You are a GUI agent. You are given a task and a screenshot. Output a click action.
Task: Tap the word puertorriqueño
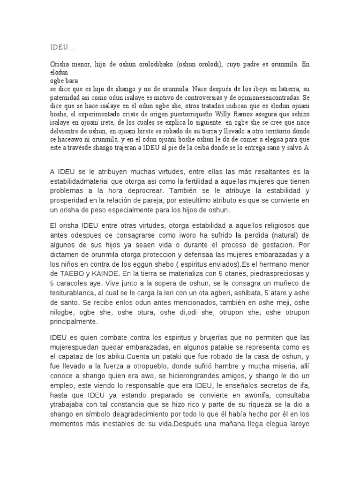click(184, 120)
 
